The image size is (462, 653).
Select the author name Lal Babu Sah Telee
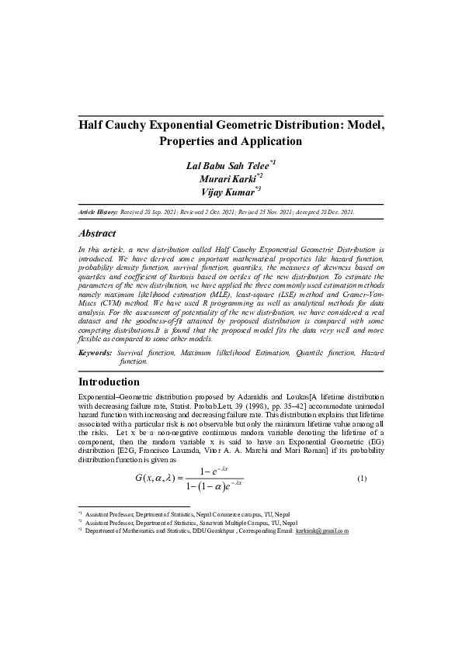(x=227, y=166)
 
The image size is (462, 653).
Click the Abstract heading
(x=98, y=233)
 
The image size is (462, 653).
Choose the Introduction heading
(x=109, y=382)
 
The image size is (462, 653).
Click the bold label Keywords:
(x=96, y=353)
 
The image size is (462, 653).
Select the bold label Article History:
(x=98, y=211)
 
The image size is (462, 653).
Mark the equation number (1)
(x=361, y=479)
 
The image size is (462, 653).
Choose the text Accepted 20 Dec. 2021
(x=320, y=211)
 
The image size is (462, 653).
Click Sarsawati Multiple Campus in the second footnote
(x=225, y=523)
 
